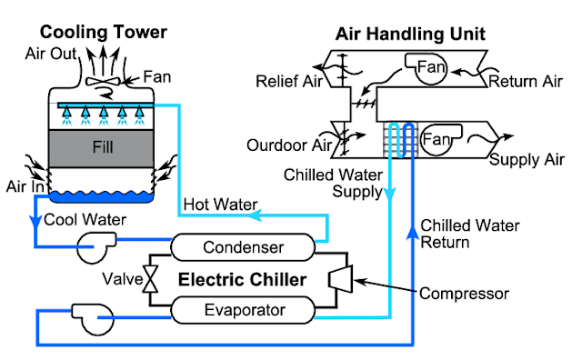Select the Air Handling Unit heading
coord(410,35)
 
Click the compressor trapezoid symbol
coord(341,278)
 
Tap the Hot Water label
coord(219,204)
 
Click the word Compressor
coord(464,293)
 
